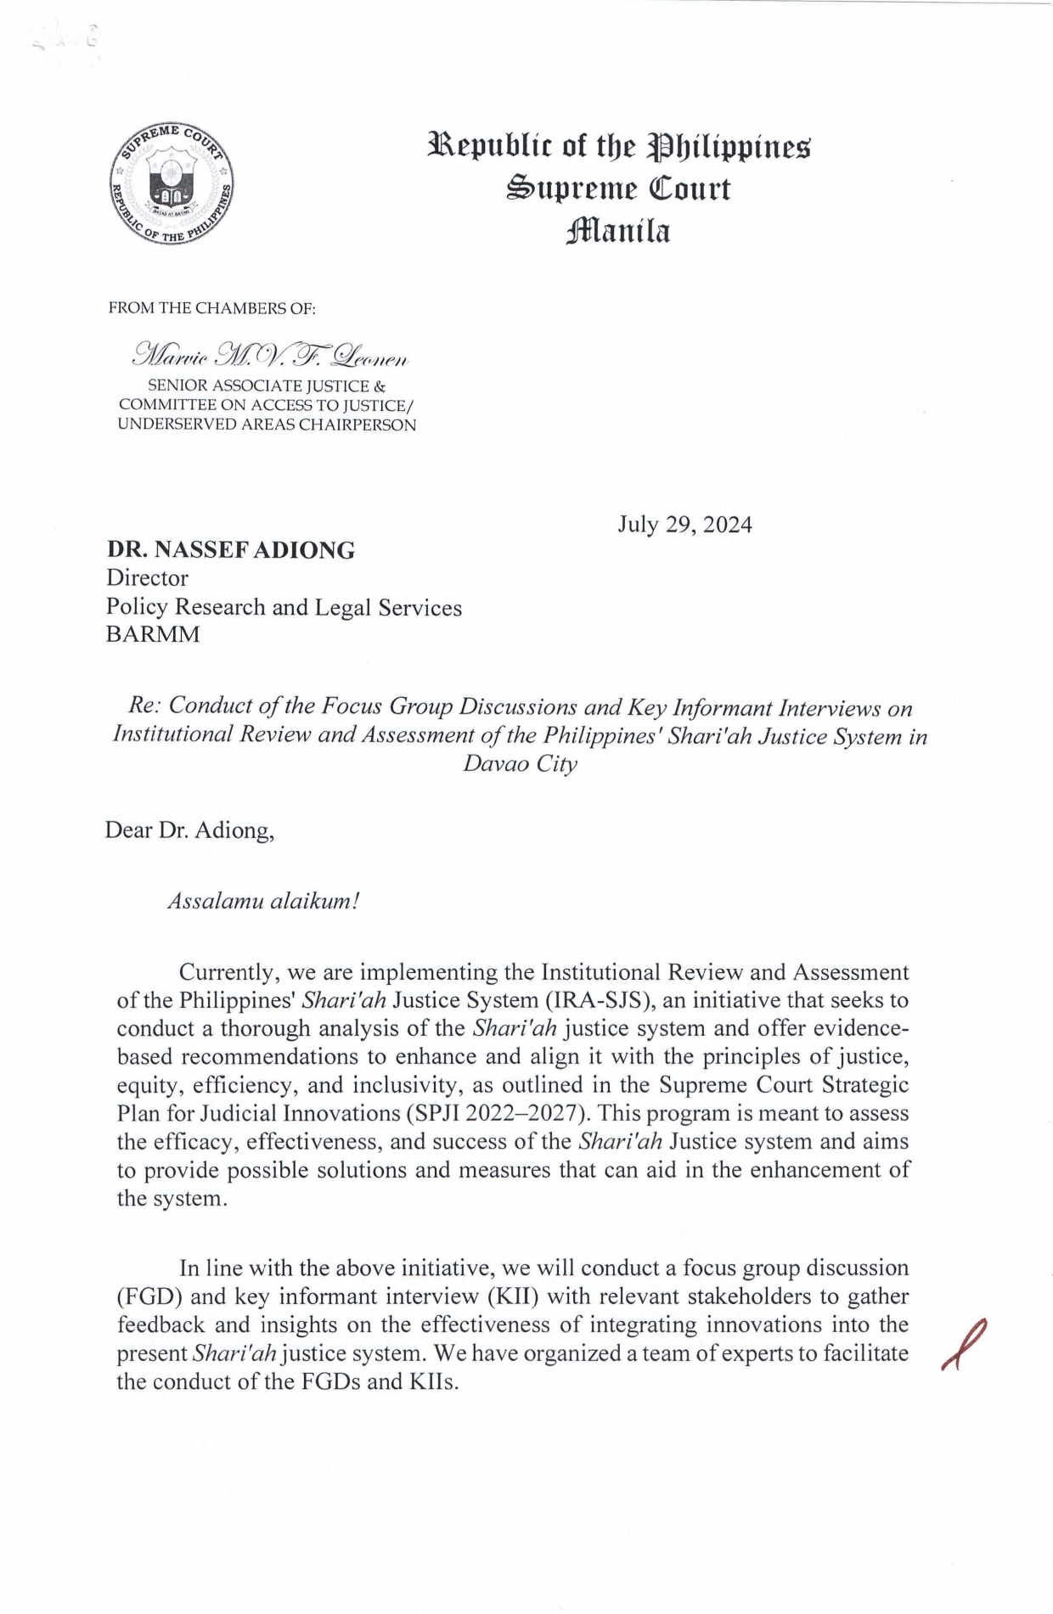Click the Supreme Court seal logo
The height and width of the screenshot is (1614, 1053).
pos(172,185)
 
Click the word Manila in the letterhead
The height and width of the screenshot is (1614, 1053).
pos(617,231)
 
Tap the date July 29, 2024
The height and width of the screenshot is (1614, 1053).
pos(684,525)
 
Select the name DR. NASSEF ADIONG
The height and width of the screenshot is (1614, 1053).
pos(230,550)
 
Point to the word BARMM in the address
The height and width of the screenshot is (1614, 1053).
pos(153,634)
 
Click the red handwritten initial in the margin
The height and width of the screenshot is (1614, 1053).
pos(963,1344)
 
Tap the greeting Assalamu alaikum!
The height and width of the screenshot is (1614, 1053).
pos(264,901)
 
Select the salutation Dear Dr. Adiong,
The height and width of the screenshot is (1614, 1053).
pos(189,829)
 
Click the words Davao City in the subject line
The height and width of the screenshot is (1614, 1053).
pos(520,763)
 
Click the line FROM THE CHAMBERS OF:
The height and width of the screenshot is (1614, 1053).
pos(211,308)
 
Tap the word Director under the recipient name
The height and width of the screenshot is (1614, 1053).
pos(147,578)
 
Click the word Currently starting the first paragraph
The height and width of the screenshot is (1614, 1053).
pos(229,972)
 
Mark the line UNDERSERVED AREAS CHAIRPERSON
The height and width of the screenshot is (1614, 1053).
pos(267,425)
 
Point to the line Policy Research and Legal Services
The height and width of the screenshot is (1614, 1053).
pos(284,607)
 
